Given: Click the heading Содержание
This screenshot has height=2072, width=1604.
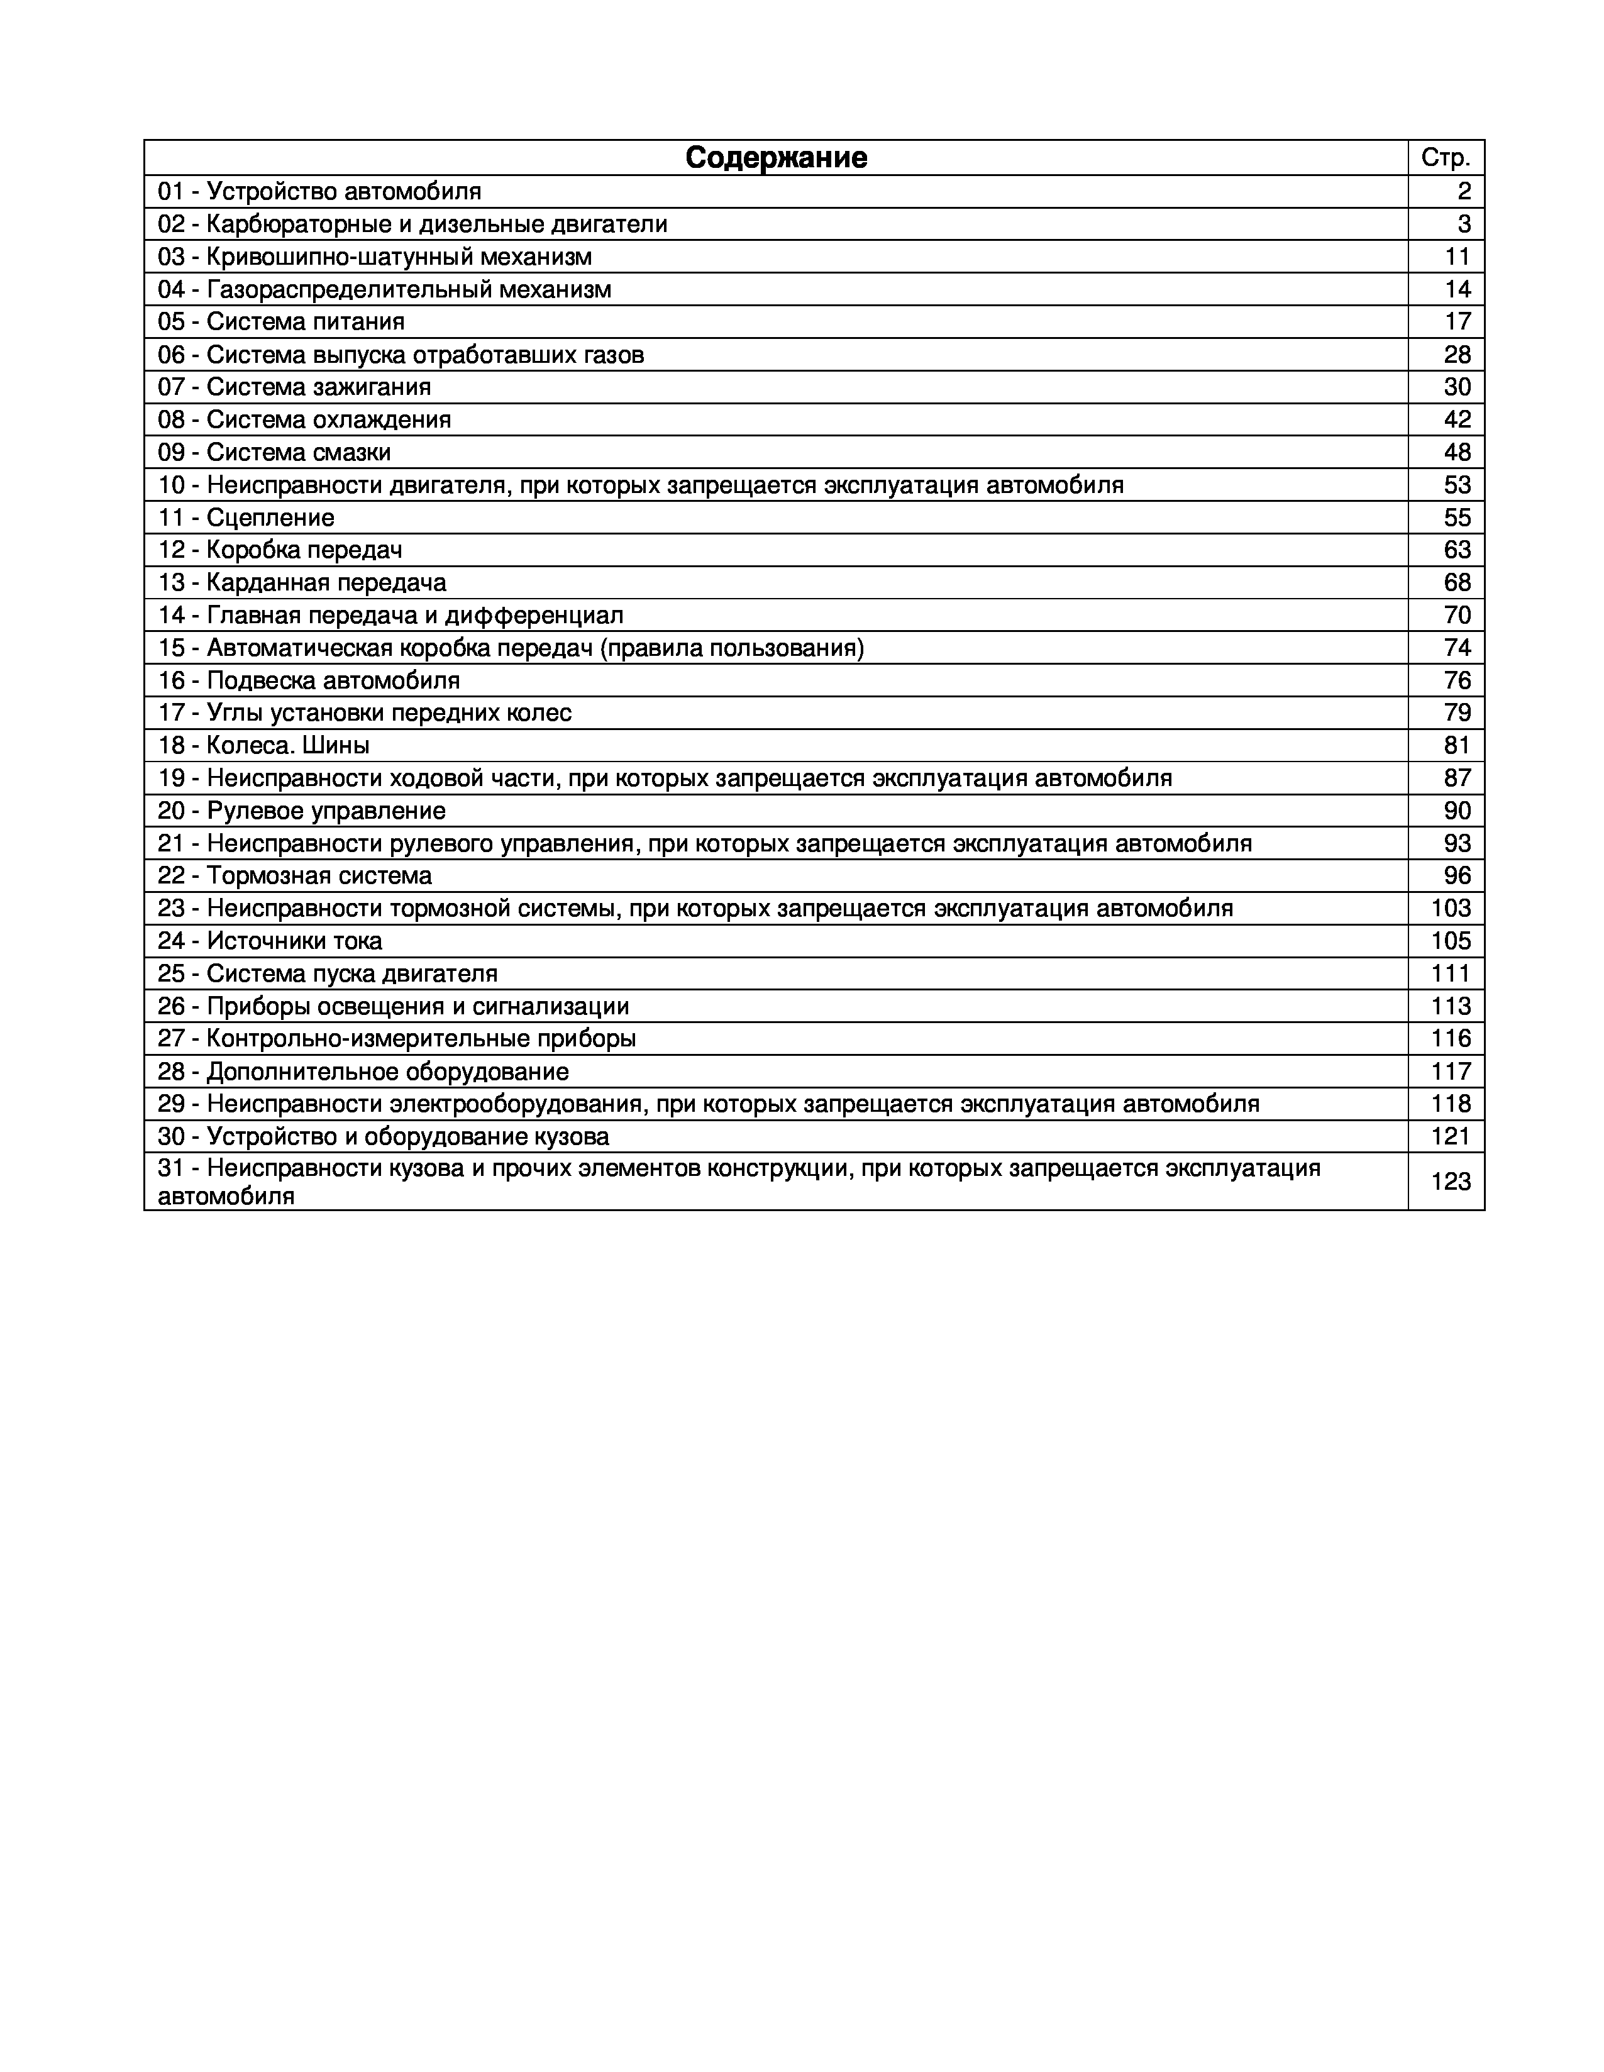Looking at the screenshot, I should coord(775,157).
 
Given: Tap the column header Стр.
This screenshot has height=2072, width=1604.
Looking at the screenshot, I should coord(1445,157).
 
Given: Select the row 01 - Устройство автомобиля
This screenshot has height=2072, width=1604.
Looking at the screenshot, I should coord(319,192).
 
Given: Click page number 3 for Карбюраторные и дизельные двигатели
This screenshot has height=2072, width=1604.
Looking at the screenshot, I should coord(1464,224).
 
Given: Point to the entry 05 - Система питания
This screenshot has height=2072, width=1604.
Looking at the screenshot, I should coord(282,321).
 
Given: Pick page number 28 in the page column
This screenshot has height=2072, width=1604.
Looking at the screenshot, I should coord(1457,355).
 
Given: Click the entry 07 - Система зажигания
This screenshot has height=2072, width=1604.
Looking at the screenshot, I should coord(294,387).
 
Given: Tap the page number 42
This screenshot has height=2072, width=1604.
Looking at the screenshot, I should coord(1457,419).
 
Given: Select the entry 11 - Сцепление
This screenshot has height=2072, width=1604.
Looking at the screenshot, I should coord(246,518).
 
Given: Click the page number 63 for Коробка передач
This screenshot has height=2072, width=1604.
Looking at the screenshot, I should coord(1457,550).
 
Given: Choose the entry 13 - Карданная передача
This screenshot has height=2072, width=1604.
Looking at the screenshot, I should coord(302,582).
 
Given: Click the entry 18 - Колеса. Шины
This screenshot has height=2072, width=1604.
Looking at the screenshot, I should coord(263,746).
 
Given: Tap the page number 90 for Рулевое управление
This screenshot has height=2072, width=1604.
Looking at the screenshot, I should coord(1457,811).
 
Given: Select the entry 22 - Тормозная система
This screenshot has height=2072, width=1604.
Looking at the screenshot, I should coord(295,876).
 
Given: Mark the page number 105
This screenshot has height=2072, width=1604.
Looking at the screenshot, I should coord(1451,941).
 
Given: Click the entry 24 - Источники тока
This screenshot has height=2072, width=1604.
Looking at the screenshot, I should coord(270,941).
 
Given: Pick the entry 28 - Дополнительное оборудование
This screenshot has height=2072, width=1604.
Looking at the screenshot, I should coord(363,1072).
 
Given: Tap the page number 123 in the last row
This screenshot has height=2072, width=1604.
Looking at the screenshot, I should coord(1451,1181).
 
